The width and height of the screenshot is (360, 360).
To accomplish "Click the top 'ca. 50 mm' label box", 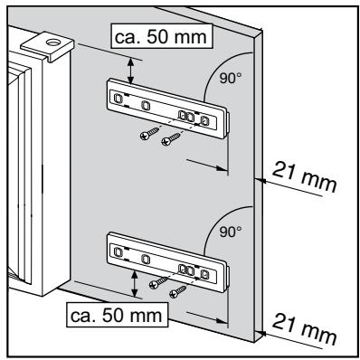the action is pos(162,36).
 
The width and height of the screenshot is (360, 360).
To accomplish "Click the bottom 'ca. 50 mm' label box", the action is pos(118,315).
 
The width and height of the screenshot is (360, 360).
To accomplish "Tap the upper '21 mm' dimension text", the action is pos(303,177).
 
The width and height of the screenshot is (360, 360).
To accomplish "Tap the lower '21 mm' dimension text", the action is pos(303,330).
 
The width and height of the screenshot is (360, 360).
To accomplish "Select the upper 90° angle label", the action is pos(231,78).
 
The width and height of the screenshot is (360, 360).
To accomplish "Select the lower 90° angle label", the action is pos(231,232).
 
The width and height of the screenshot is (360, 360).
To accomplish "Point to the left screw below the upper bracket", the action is pos(149,134).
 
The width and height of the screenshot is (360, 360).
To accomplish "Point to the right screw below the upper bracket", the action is pos(171,139).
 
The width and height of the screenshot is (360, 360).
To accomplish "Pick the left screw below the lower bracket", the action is pos(158,282).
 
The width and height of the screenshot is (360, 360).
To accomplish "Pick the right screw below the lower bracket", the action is pos(178,291).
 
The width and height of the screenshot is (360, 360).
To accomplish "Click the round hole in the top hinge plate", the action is pos(53,43).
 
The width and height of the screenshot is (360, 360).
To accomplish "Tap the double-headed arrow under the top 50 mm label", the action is pos(130,71).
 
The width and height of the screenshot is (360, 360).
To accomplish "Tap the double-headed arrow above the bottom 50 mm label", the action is pos(135,284).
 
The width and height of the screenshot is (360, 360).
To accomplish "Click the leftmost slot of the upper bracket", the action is pos(118,98).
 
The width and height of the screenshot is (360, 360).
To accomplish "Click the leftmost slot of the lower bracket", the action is pos(118,251).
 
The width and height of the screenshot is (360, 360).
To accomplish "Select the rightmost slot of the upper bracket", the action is pos(204,121).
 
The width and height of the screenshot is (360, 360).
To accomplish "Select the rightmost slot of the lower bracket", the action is pos(204,274).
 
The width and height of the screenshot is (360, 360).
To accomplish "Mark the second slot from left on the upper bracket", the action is pos(146,106).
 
